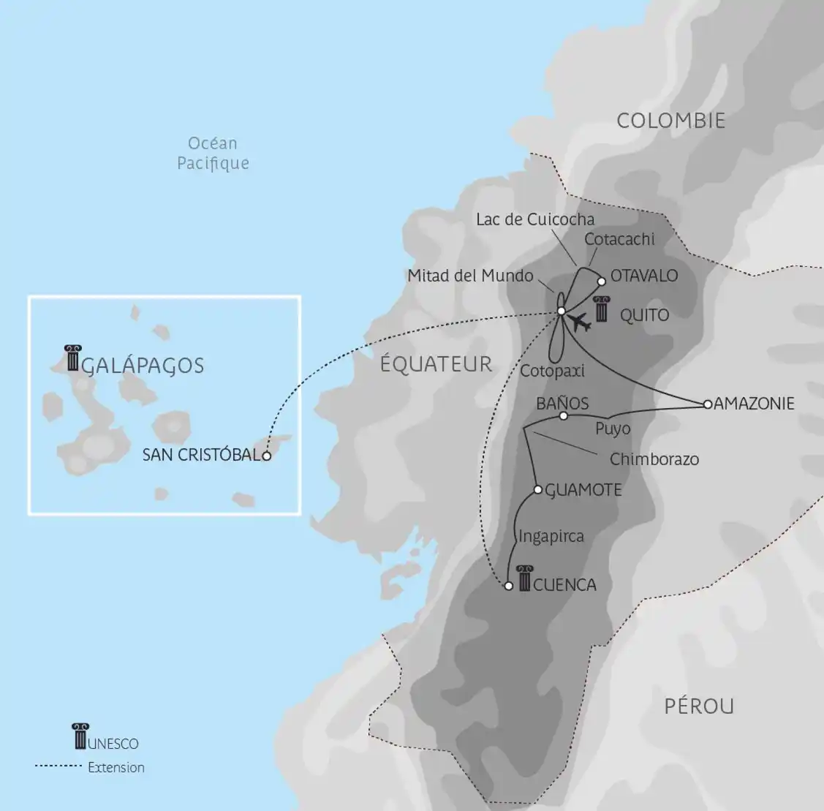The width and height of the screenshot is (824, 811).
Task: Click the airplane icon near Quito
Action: click(579, 322)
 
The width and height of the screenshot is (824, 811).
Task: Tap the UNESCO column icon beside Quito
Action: click(602, 311)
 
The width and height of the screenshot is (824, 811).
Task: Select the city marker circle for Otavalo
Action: click(602, 281)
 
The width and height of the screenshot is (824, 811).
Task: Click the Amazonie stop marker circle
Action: click(707, 404)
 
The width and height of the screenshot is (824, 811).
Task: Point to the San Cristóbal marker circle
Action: click(267, 456)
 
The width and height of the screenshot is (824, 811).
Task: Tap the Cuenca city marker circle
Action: click(509, 586)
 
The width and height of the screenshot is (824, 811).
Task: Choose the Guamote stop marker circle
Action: click(537, 489)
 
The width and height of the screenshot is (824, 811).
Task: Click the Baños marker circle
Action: click(563, 416)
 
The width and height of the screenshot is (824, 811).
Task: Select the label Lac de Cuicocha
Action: click(535, 219)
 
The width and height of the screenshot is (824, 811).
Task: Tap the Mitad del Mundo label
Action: click(471, 276)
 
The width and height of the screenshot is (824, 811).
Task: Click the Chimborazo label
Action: click(654, 459)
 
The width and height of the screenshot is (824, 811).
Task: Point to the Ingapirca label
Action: click(551, 536)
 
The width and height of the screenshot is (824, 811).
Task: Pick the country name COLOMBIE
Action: click(670, 121)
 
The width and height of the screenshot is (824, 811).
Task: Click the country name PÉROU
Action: click(699, 706)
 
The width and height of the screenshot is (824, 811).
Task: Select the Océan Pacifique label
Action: click(213, 153)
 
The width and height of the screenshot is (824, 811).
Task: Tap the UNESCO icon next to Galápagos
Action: click(72, 358)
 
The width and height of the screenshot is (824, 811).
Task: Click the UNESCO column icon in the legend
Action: click(80, 736)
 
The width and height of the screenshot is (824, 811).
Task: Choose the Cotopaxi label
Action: click(552, 371)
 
